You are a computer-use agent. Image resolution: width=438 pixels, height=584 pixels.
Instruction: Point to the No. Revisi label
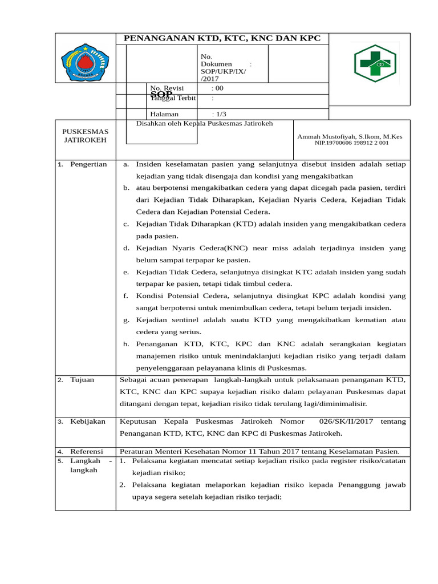(x=163, y=88)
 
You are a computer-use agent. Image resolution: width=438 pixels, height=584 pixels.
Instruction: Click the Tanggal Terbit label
(x=173, y=98)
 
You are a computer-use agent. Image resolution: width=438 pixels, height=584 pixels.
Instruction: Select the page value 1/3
(x=218, y=114)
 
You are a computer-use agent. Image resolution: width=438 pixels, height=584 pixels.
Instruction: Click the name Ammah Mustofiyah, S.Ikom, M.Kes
(x=350, y=137)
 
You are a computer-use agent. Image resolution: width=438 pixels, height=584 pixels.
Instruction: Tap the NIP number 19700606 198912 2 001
(x=351, y=143)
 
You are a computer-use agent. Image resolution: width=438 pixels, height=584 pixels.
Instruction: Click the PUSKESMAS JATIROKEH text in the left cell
(x=85, y=136)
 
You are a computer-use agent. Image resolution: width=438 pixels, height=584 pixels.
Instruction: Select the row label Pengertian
(x=88, y=164)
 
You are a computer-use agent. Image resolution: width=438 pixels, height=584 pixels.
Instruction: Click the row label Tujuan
(x=83, y=379)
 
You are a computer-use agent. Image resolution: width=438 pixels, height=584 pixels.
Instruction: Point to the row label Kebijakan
(x=88, y=421)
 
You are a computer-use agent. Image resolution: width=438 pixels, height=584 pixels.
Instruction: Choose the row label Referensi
(x=87, y=451)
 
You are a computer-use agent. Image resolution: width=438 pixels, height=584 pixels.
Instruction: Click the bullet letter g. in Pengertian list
(x=126, y=320)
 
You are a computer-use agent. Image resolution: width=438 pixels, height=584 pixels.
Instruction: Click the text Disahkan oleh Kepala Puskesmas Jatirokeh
(x=204, y=123)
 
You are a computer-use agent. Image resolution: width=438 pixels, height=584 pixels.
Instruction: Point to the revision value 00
(x=219, y=88)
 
